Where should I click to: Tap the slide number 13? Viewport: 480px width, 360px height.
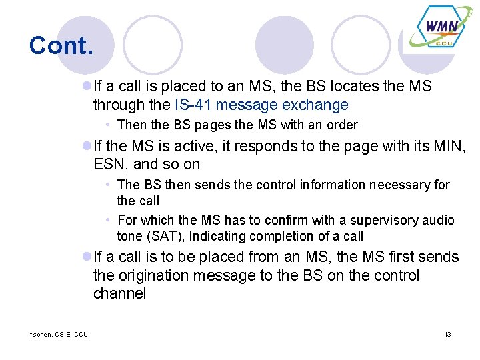pyautogui.click(x=447, y=334)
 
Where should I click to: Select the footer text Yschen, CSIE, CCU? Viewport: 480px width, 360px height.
pyautogui.click(x=58, y=334)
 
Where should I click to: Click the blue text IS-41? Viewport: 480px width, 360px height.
pyautogui.click(x=193, y=105)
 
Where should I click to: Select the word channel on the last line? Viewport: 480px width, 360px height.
pyautogui.click(x=119, y=293)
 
